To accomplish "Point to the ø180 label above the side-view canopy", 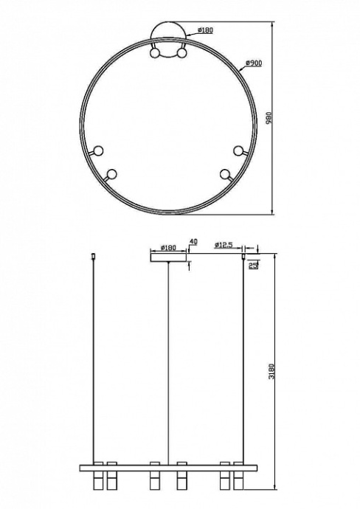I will [x=168, y=249].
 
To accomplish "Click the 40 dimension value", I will [x=193, y=242].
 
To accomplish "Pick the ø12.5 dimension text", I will [x=224, y=246].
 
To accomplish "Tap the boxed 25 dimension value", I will [x=253, y=266].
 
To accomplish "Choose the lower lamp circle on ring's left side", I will [x=111, y=174].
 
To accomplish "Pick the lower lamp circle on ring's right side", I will [x=224, y=174].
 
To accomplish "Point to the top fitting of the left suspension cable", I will [x=93, y=257].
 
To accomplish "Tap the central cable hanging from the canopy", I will [x=169, y=361].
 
